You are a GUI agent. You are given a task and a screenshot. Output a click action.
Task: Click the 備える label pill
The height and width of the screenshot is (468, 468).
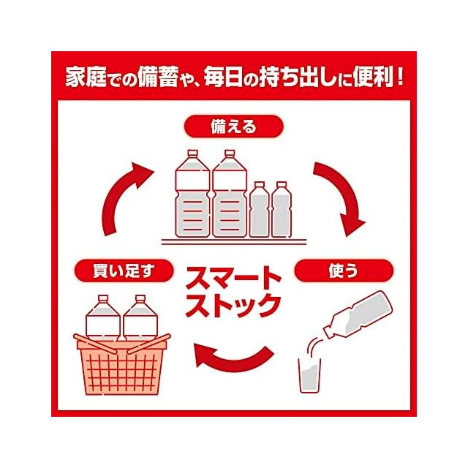[234, 127]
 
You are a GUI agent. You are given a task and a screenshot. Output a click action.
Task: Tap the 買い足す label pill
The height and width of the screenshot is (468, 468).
[124, 271]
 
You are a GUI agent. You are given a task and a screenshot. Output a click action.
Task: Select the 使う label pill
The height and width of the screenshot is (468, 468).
[344, 271]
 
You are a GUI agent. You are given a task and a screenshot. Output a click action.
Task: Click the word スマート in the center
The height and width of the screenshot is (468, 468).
[233, 278]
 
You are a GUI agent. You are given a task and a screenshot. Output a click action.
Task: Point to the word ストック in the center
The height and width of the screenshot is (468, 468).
[233, 305]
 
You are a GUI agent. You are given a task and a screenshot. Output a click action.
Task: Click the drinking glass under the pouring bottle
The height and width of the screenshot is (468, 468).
[310, 375]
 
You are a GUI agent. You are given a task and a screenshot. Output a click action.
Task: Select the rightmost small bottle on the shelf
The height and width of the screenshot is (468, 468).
[282, 210]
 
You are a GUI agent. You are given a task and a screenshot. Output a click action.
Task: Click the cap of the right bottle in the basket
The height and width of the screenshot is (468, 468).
[140, 298]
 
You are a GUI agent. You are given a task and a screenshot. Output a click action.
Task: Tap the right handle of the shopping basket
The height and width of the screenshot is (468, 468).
[148, 344]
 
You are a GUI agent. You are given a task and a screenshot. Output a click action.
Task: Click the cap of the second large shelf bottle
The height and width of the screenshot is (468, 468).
[230, 154]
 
